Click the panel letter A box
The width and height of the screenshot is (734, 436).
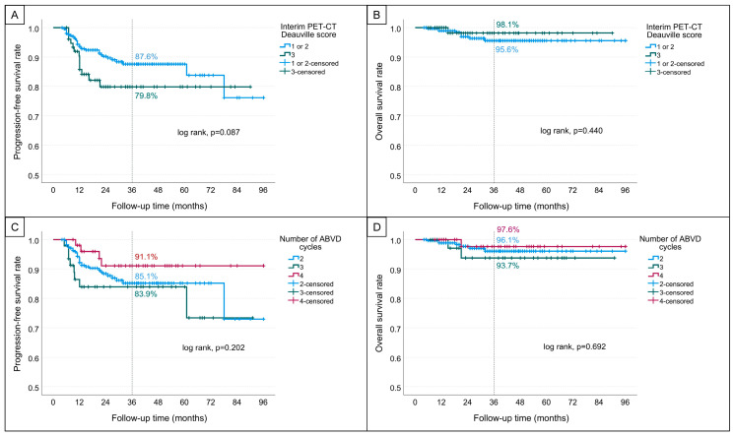[15, 16]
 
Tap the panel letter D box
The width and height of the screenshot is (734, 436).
[376, 227]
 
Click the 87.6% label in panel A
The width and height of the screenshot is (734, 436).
[147, 57]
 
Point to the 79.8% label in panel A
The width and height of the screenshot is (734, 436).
[146, 95]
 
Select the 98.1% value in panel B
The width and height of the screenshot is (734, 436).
[507, 25]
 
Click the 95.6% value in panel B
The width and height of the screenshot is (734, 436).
[507, 49]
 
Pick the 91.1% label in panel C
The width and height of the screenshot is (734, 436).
[146, 257]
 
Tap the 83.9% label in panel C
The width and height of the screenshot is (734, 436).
[146, 294]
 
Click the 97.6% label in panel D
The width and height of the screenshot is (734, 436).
[508, 229]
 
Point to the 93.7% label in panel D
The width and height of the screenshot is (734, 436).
[507, 266]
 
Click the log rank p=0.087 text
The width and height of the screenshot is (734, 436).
[208, 133]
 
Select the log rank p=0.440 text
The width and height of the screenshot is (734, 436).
[571, 131]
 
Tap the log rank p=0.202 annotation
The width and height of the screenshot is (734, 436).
[214, 348]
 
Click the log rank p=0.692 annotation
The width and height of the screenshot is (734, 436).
[574, 347]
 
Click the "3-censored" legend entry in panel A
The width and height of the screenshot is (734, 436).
[302, 72]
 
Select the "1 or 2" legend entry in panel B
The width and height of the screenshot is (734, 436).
[660, 47]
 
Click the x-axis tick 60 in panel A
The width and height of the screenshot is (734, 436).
[184, 190]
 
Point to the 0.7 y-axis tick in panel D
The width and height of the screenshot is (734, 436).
[396, 329]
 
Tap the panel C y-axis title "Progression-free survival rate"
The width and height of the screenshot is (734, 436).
[18, 314]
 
